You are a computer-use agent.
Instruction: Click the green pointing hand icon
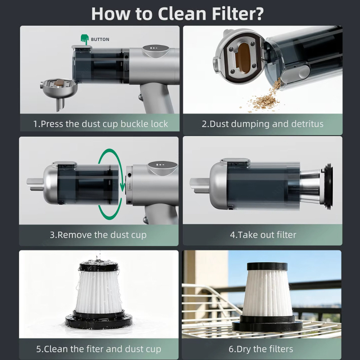84,39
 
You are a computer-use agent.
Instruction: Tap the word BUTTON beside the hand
100,39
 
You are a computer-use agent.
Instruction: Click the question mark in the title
259,13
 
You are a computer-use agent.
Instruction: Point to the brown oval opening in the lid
243,58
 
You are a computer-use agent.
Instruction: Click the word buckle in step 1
134,124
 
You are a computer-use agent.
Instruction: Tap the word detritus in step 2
307,124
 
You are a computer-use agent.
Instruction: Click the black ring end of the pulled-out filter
328,186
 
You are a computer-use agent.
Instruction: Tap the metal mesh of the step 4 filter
310,186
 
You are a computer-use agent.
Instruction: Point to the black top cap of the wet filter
99,266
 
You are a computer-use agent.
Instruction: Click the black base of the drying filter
267,323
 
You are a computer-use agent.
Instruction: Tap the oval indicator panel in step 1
156,50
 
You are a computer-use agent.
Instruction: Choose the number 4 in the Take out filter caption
232,235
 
